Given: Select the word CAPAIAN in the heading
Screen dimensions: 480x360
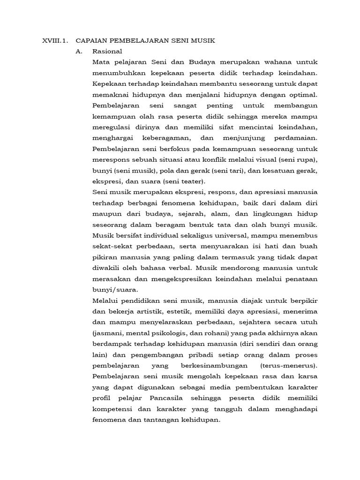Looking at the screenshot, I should (91, 41).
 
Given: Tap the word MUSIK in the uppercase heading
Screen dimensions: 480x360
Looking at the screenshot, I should (204, 41).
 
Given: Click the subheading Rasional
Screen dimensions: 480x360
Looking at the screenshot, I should (107, 51).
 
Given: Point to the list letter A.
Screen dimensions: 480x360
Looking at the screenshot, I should (79, 51).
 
